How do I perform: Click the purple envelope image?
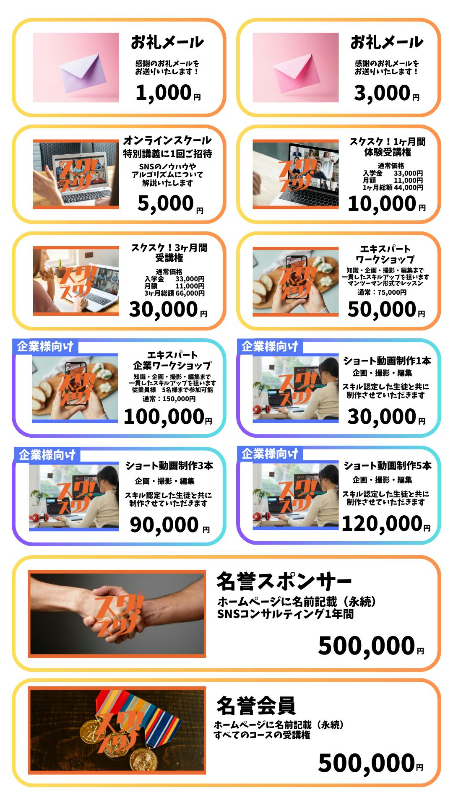pos(76,68)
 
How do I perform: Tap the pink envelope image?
pos(295,68)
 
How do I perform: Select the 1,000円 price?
pos(168,93)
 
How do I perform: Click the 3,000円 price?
pos(387,93)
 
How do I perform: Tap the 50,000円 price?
pos(386,310)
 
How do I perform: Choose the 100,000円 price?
pos(168,417)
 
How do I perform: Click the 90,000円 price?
pos(170,525)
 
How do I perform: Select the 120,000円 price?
pos(386,524)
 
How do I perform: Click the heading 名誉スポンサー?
pos(284,581)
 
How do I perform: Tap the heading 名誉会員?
pos(256,706)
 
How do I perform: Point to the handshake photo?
pos(117,614)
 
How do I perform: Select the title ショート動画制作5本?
pos(387,465)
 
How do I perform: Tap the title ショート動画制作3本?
pos(169,465)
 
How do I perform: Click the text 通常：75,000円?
pos(382,292)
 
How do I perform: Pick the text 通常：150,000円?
pos(169,399)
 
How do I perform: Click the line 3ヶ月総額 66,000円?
pos(174,293)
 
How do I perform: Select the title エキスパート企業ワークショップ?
pos(172,360)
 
